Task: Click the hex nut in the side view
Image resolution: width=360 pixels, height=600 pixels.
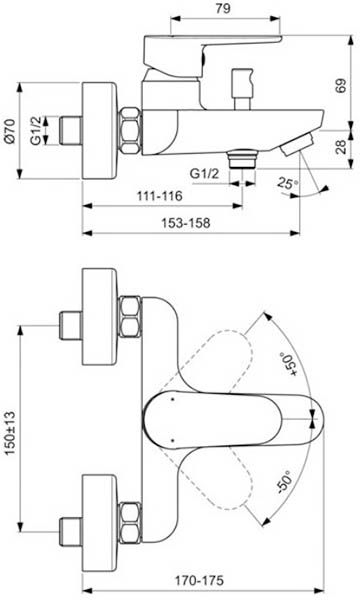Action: tap(131, 127)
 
